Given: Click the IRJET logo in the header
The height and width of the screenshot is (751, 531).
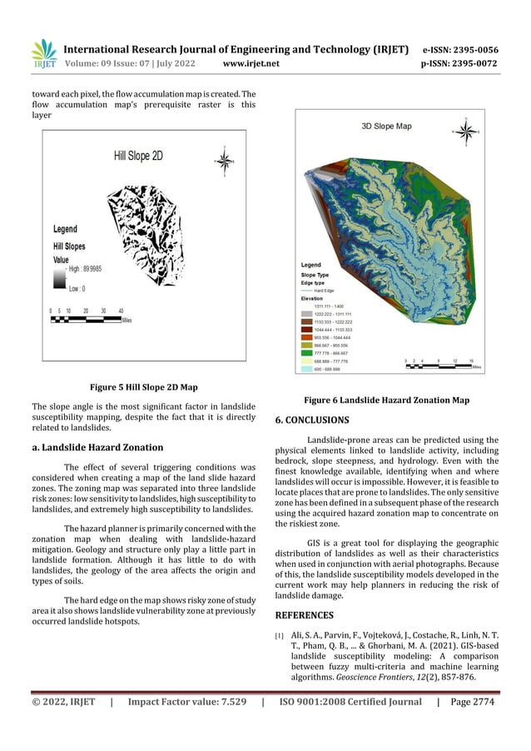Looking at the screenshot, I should coord(44,54).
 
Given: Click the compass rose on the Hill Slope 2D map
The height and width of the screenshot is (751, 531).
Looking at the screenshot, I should coord(223,160).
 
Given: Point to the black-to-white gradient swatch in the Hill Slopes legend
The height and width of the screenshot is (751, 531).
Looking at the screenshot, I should coord(59,278).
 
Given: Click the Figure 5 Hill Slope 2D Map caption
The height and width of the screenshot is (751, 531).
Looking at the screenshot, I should coord(143,386).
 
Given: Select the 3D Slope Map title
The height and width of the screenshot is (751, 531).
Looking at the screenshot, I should coord(385,127).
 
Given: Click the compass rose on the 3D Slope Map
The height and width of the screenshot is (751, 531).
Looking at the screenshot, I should coord(468,131).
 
